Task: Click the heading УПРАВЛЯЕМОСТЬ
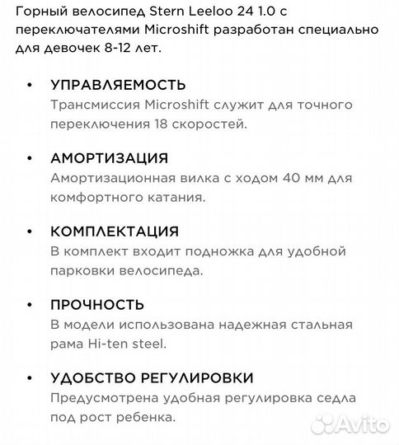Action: (118, 85)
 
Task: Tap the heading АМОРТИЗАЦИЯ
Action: (109, 158)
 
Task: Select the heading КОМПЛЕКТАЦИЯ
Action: (115, 232)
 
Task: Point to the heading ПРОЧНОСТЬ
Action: (97, 305)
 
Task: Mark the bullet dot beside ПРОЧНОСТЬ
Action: (31, 305)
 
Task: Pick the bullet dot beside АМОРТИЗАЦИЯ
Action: (31, 158)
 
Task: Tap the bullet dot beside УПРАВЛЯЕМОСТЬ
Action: (31, 85)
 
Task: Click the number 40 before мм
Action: (251, 178)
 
